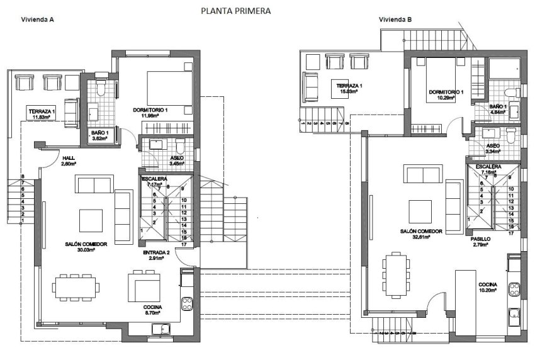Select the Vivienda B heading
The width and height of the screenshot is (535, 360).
[x=395, y=20]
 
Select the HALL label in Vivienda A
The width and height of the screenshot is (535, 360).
[x=68, y=158]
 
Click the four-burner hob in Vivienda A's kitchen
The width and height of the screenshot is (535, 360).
[x=188, y=304]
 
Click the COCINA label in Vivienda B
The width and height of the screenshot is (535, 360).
[x=487, y=285]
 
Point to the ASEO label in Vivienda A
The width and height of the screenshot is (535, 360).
[x=177, y=158]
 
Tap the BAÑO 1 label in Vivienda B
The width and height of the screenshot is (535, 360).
[x=498, y=107]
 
